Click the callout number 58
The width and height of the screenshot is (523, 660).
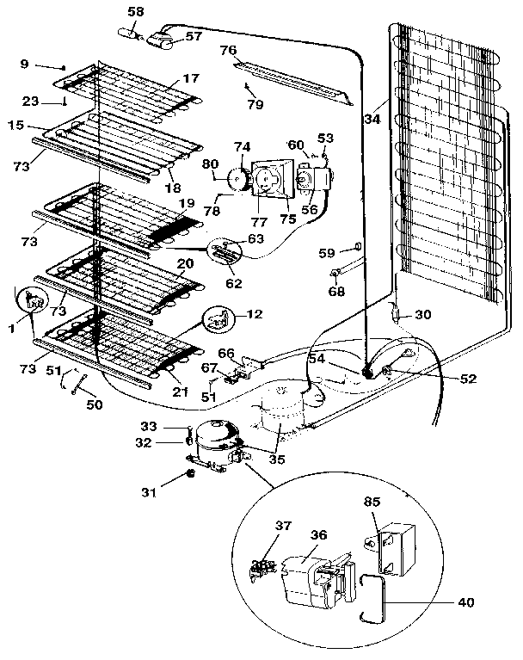click(136, 10)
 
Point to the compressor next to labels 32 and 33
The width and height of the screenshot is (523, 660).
click(211, 441)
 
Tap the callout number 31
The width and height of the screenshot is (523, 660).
click(150, 492)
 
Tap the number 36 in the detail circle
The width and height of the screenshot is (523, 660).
click(320, 535)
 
